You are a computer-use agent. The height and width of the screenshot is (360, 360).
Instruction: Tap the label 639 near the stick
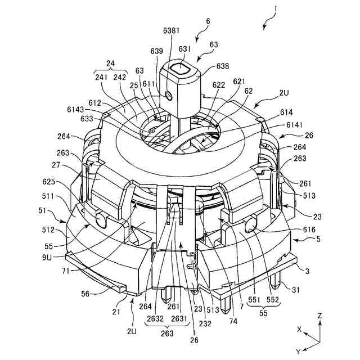[157, 51]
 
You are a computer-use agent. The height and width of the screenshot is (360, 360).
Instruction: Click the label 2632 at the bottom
[156, 318]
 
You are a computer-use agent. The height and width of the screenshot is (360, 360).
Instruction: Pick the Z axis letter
[319, 316]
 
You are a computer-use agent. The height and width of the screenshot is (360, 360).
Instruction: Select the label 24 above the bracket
[111, 64]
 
